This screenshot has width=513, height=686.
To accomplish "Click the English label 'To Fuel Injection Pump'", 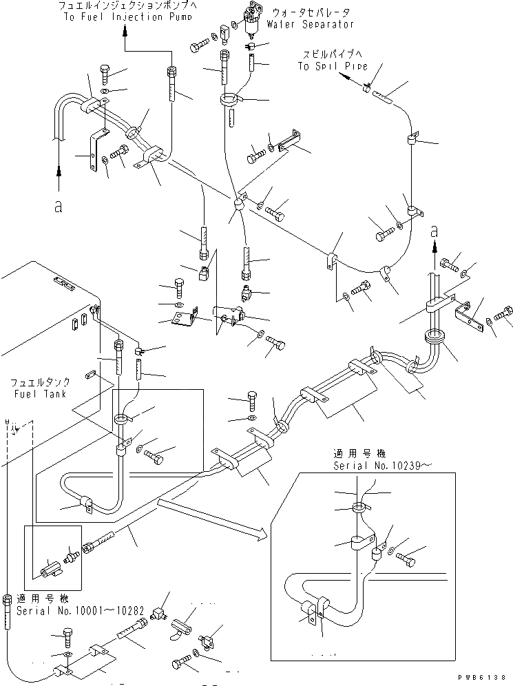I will [x=125, y=17].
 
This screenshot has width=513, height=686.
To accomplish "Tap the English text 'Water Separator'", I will [x=312, y=25].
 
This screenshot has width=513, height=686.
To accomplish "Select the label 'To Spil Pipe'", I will [x=331, y=66].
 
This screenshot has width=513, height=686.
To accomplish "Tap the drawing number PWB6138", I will [x=485, y=678].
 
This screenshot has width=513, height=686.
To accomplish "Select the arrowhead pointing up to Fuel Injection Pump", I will [x=125, y=30].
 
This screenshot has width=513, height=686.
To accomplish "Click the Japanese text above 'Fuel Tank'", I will [x=38, y=382].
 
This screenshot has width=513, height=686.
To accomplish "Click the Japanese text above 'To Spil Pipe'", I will [x=331, y=54].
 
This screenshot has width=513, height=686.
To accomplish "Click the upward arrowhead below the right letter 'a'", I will [x=434, y=248].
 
